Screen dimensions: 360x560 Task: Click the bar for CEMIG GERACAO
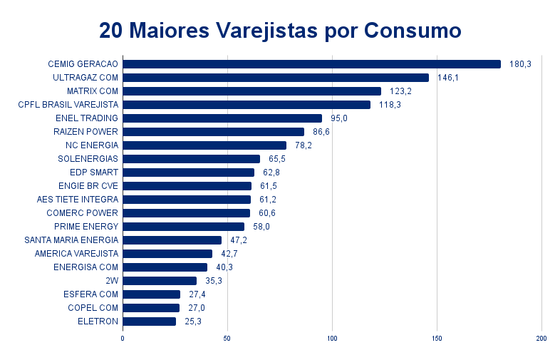311,64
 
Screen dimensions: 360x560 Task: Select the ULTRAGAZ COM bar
276,78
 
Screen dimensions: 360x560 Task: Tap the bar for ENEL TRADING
222,118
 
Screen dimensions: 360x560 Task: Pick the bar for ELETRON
150,322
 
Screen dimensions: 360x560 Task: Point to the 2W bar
160,281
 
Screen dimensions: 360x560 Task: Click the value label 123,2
400,91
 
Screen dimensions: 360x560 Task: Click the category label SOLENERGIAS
88,159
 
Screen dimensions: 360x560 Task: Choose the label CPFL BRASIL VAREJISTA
68,105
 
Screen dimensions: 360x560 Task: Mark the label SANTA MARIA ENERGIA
71,240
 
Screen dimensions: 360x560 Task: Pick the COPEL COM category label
93,308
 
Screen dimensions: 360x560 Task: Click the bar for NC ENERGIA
204,145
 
